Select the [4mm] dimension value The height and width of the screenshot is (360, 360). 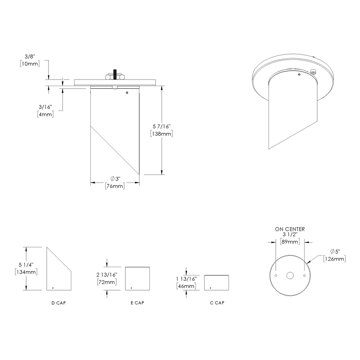[x=45, y=114]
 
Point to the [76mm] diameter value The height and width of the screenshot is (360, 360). [x=115, y=186]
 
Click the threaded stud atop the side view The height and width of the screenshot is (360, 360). [x=115, y=74]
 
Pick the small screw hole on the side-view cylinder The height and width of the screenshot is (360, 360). [x=127, y=93]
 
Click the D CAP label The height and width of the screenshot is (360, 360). [x=59, y=303]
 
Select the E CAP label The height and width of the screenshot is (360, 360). [x=138, y=303]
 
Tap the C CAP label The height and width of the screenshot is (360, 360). [x=217, y=303]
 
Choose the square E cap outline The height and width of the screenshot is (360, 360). [x=138, y=279]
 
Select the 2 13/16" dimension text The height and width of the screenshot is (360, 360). [x=107, y=275]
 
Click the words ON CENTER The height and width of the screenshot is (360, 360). [x=290, y=229]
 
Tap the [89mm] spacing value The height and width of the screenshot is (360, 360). [x=290, y=242]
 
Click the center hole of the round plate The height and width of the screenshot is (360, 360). [x=290, y=276]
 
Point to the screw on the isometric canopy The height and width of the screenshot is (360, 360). [x=314, y=72]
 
